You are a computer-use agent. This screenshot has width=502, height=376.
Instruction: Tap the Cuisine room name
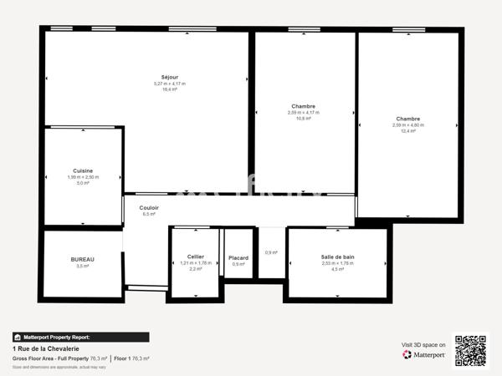coord(83,170)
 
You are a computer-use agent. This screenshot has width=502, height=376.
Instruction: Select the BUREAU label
coord(83,259)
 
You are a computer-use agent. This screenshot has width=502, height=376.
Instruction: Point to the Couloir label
coord(149,207)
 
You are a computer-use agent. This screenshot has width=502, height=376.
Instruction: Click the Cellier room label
coord(194,257)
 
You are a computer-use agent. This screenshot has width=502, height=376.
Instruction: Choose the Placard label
coord(238,257)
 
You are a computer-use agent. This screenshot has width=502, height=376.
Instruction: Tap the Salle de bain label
coord(337,257)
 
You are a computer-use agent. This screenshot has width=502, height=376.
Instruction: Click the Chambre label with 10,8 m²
coord(304,106)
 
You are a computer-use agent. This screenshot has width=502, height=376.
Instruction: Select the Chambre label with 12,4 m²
coord(408,119)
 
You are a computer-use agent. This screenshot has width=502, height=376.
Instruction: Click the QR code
coord(469,350)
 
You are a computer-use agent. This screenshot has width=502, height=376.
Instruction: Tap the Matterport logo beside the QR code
coord(423,354)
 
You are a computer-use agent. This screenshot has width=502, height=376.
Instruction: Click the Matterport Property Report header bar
coord(81,337)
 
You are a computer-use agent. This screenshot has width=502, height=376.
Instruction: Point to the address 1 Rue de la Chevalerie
coord(46,348)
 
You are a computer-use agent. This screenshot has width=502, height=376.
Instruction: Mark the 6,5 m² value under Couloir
coord(149,214)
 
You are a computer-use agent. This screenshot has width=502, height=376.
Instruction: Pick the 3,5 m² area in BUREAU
coord(83,267)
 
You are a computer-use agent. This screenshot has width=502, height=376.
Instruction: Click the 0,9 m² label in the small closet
coord(271,252)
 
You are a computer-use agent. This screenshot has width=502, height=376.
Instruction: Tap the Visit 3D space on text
coord(423,343)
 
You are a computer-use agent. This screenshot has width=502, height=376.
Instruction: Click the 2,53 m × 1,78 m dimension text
coord(337,263)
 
